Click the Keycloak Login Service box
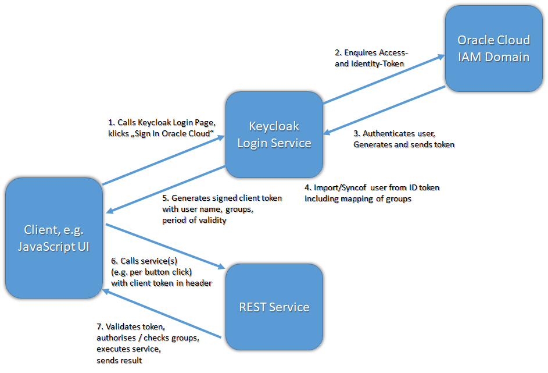(x=274, y=134)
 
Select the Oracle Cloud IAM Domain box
(x=493, y=48)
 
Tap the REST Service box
(x=274, y=307)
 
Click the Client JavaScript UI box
(x=53, y=238)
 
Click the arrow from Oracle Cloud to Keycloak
(x=384, y=111)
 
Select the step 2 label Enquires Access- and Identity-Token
(x=371, y=58)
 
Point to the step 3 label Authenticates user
(x=403, y=138)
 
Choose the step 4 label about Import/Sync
(x=372, y=193)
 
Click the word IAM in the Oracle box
(x=469, y=57)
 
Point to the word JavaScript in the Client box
(x=46, y=246)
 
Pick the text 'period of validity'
(x=194, y=221)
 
